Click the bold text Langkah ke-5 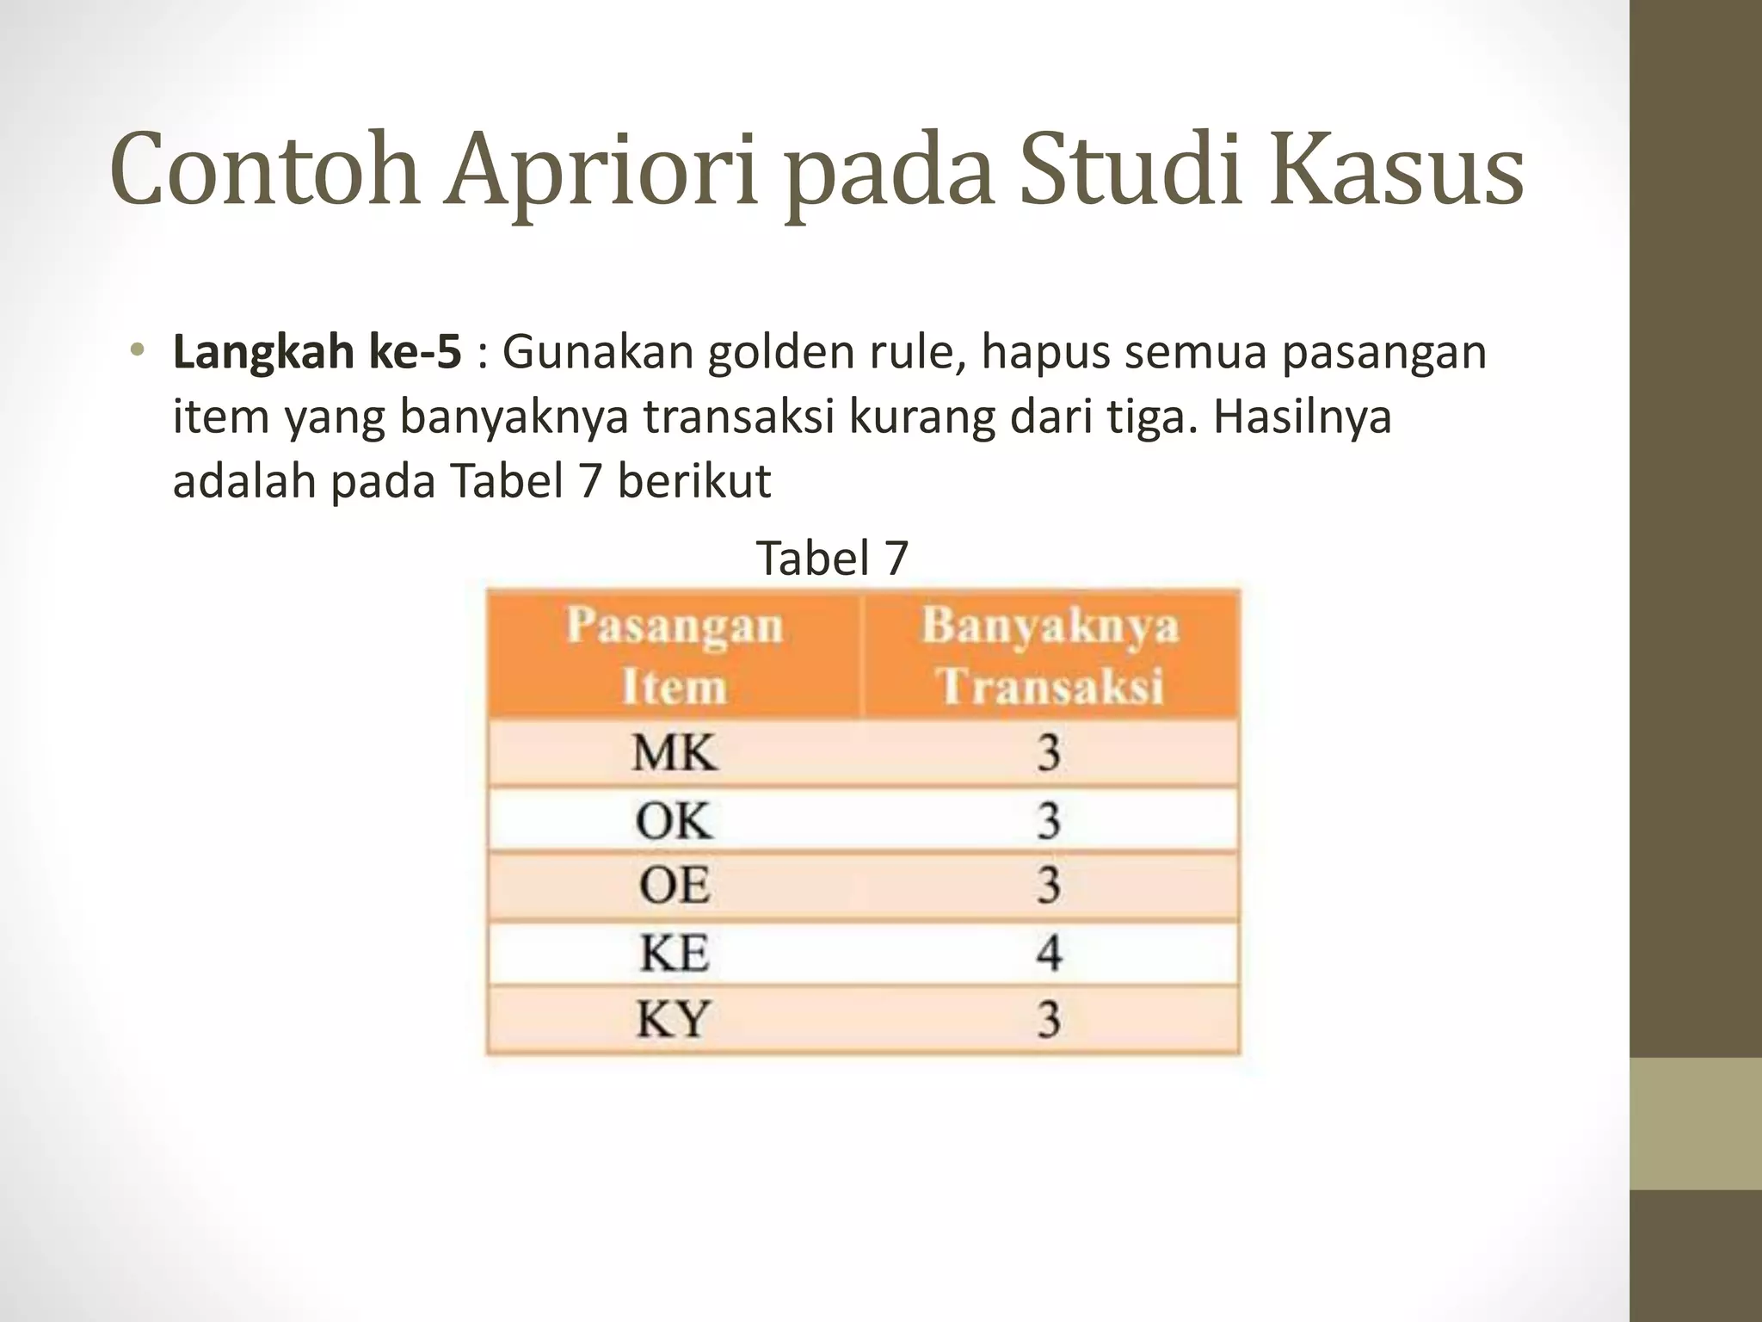click(x=317, y=353)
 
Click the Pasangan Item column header click(x=674, y=656)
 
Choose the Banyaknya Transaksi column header click(x=1050, y=656)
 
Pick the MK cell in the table click(x=674, y=753)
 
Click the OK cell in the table click(x=674, y=819)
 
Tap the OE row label click(x=674, y=886)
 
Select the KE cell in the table click(x=674, y=953)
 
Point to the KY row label click(x=674, y=1020)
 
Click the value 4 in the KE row click(x=1049, y=953)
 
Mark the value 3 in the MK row click(x=1049, y=753)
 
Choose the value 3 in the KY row click(x=1049, y=1020)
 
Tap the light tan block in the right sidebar click(x=1696, y=1123)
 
